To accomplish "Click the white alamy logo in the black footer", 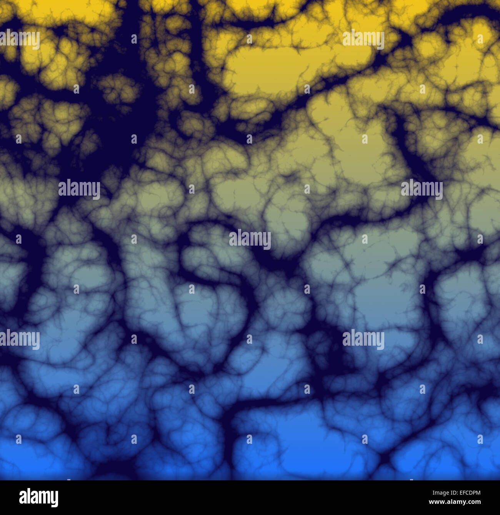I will pos(38,497).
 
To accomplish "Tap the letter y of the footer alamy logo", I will pos(54,499).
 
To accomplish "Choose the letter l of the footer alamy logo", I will pos(29,497).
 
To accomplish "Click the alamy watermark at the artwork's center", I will pos(250,239).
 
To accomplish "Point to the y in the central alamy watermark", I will pos(267,241).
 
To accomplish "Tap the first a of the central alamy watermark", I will pos(232,240).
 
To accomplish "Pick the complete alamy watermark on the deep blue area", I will pos(363,339).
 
